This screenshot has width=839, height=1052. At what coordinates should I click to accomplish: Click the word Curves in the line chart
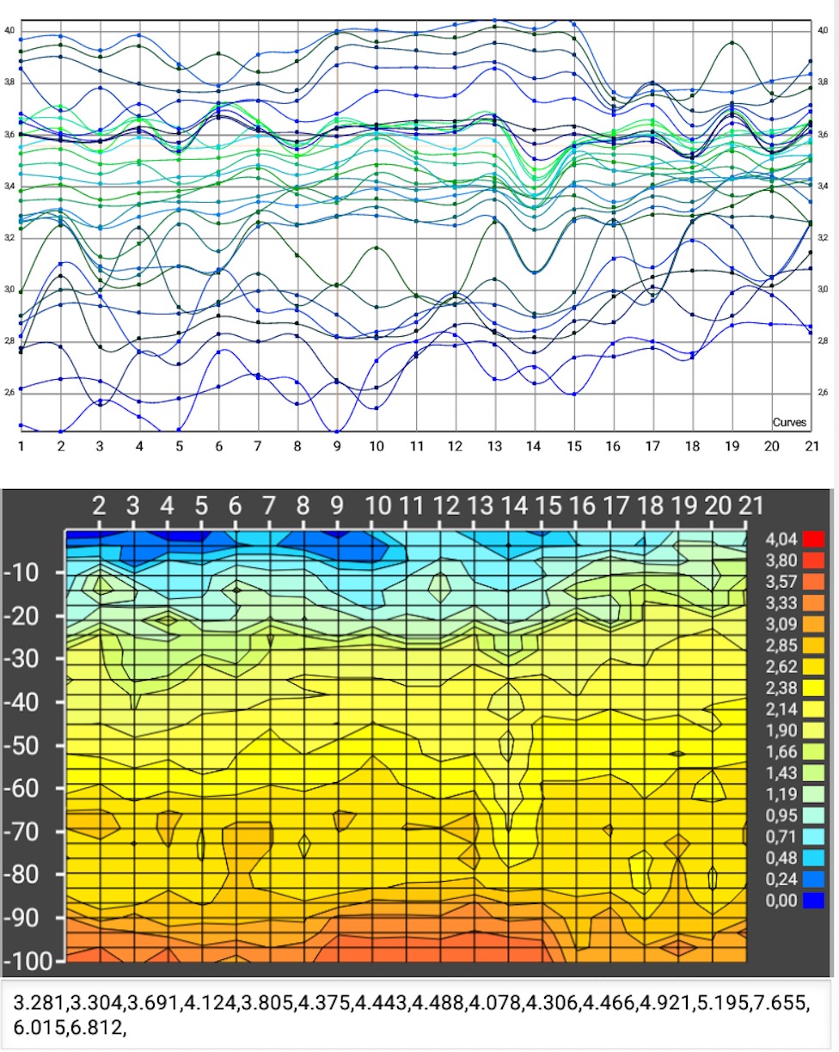788,423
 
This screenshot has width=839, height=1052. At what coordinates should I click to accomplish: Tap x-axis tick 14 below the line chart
534,447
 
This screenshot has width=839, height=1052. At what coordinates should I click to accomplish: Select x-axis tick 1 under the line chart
21,447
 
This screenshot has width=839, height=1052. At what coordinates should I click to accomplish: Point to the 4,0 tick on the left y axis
9,31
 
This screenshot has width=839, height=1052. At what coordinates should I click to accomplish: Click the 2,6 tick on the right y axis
823,392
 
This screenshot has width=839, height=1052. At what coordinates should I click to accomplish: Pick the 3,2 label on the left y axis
9,237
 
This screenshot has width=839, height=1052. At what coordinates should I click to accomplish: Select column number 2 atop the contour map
100,505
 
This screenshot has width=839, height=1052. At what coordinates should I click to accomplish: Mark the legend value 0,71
780,835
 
